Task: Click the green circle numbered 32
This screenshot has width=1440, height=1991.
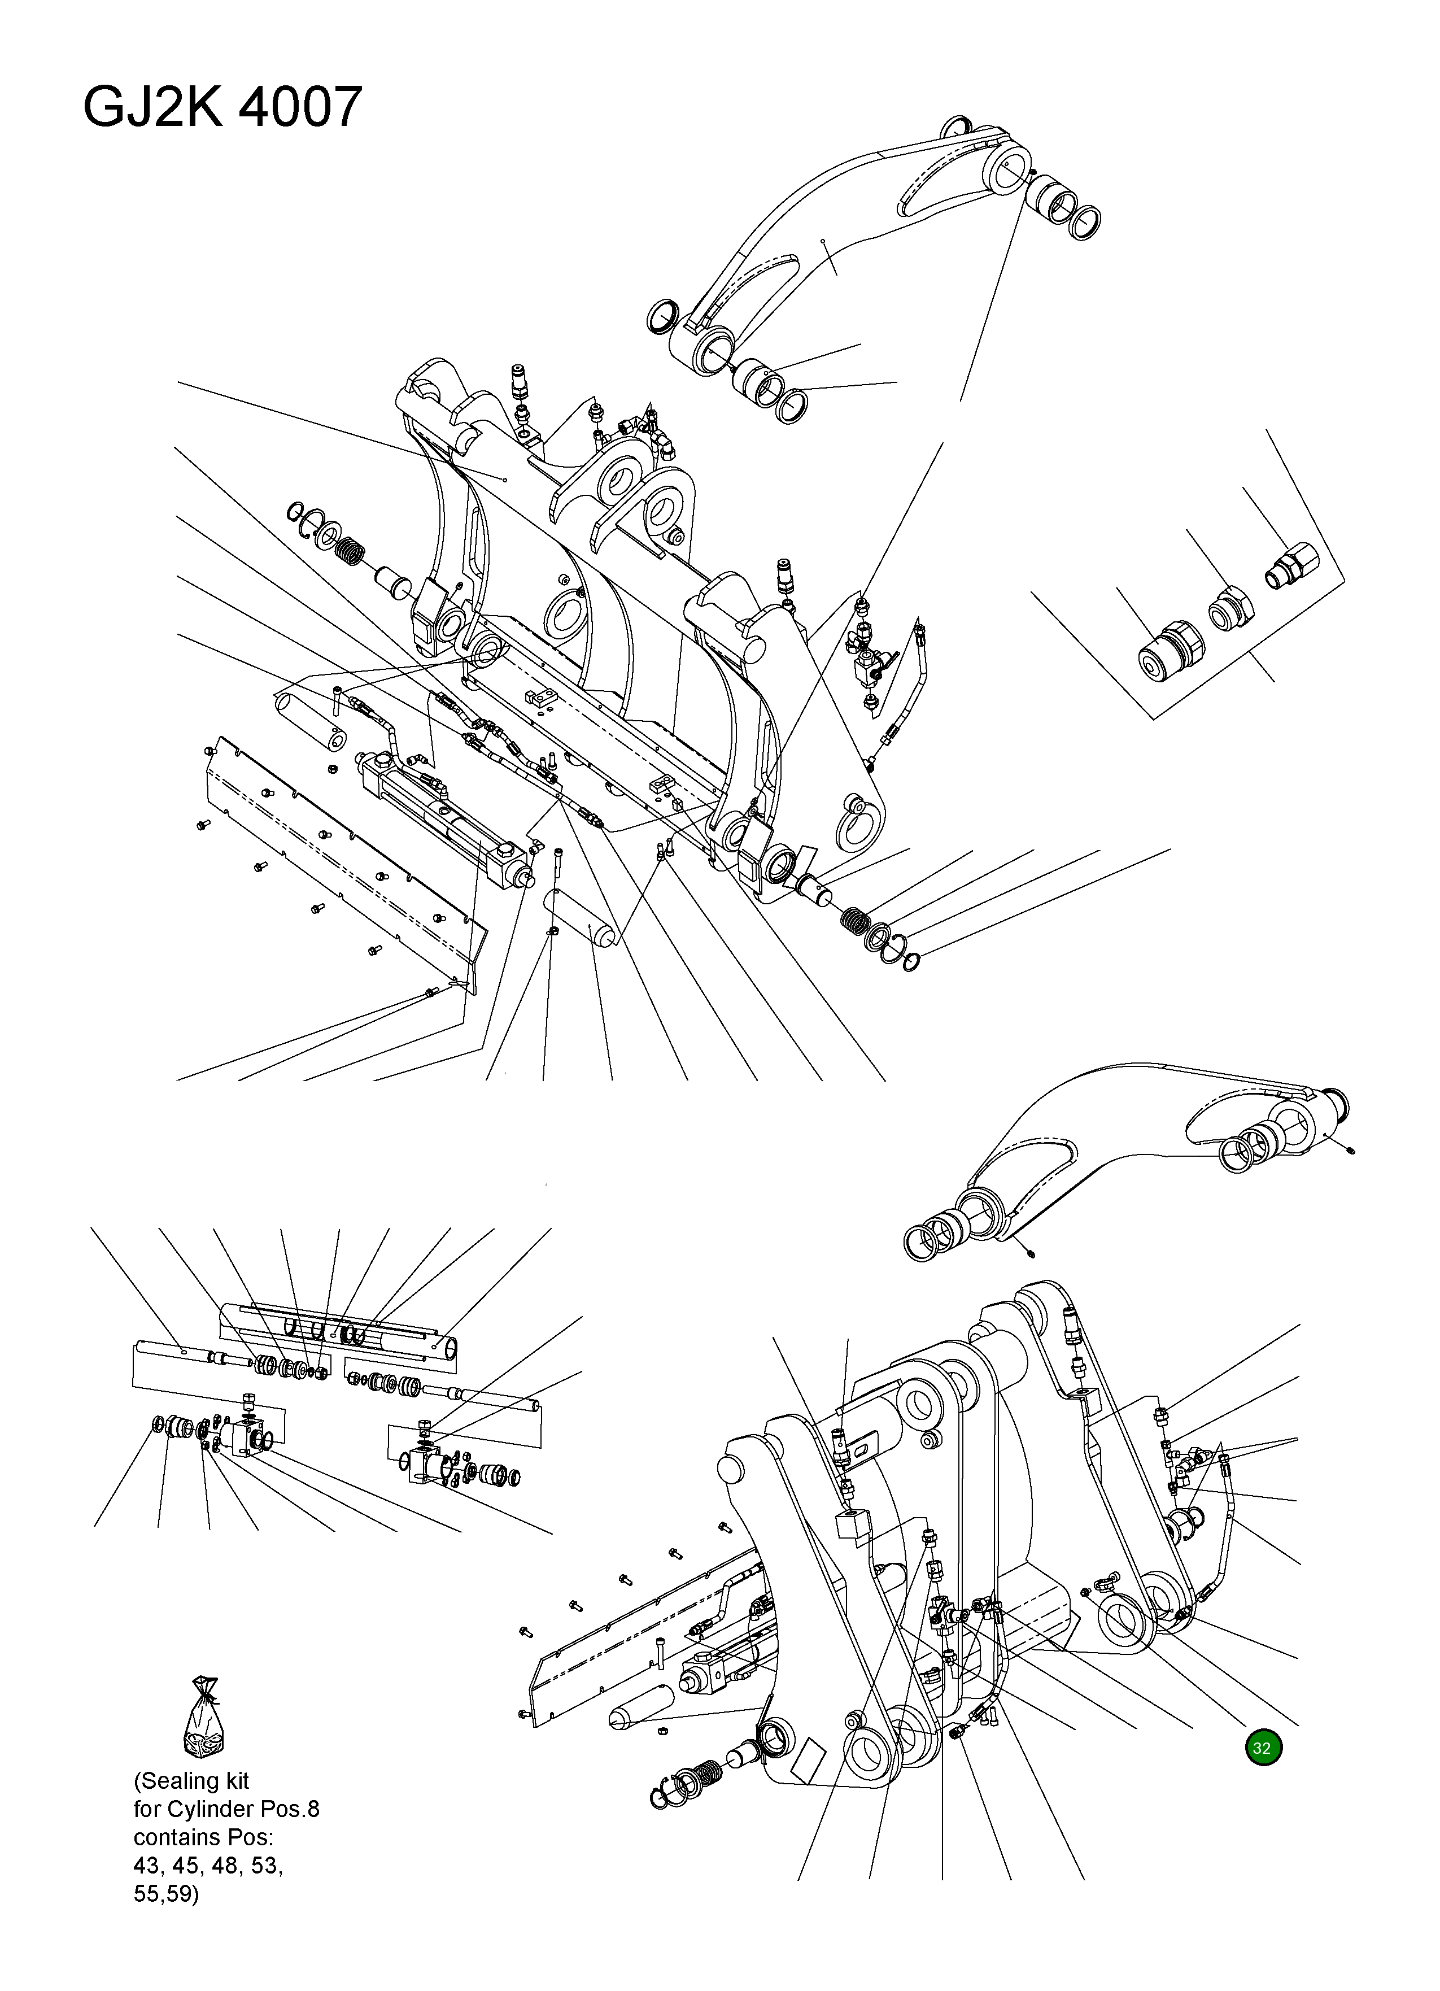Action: coord(1262,1748)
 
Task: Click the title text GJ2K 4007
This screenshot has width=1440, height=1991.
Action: coord(222,107)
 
